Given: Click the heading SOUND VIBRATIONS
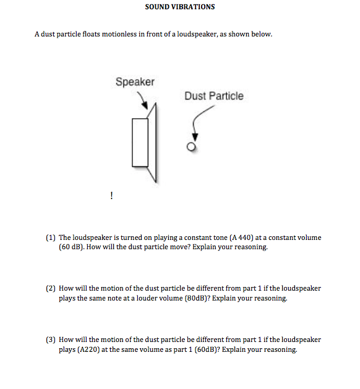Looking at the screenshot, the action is coord(180,7).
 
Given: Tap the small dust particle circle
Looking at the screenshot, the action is coord(192,147).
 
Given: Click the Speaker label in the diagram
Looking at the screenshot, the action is coord(135,82).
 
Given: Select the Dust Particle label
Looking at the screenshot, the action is coord(213,96).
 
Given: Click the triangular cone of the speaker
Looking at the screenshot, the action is coord(153,142).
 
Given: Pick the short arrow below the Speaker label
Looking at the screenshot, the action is coord(142,98).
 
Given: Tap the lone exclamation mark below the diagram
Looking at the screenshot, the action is coord(111,195).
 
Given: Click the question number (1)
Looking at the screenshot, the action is coord(51,237).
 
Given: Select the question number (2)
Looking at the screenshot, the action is coord(51,289).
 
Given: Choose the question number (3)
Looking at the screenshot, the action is coord(51,340).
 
